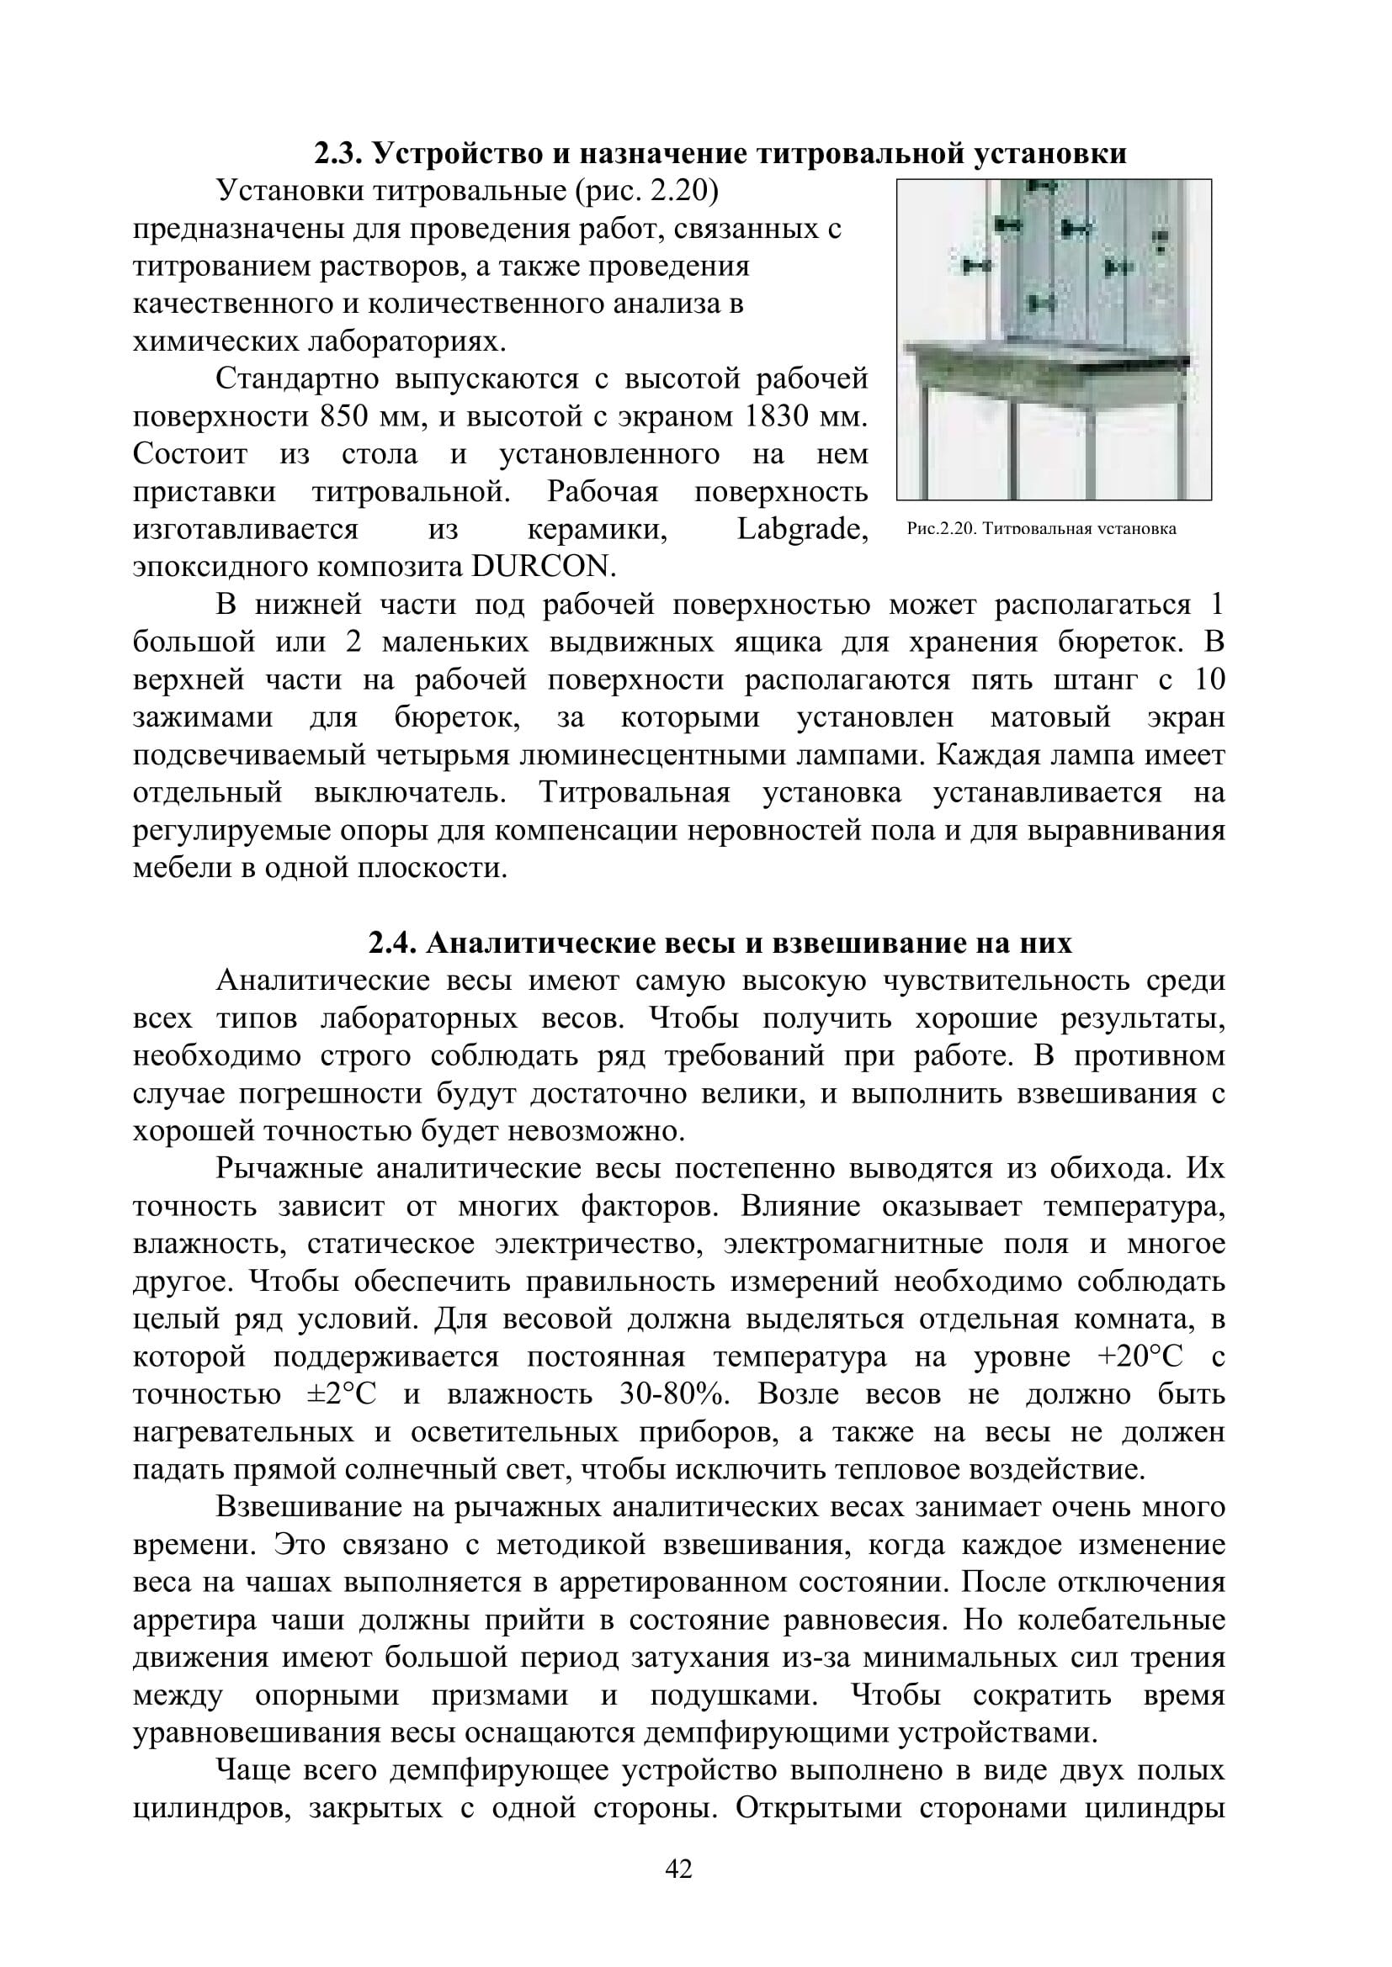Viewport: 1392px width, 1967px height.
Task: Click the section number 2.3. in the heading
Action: point(339,154)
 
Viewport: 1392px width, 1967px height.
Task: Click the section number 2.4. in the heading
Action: point(393,944)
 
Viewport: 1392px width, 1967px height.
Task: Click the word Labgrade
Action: point(802,530)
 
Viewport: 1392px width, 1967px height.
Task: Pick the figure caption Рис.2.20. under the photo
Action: point(941,529)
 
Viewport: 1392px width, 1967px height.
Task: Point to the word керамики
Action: point(597,530)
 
